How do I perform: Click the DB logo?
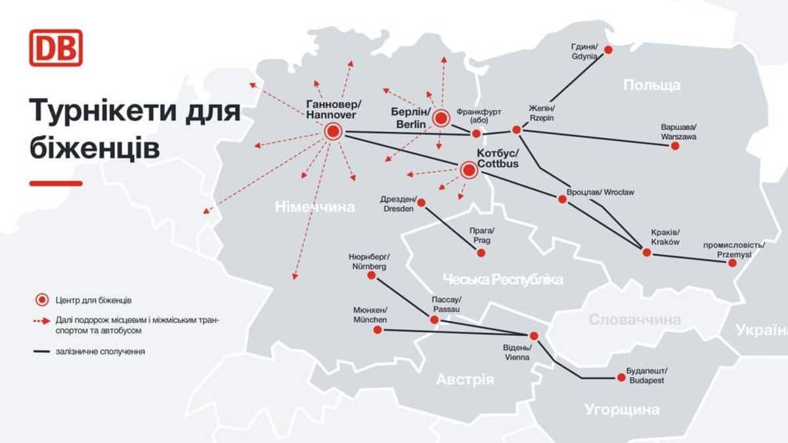point(56,47)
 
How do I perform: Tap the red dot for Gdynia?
point(608,49)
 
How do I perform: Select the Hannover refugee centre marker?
point(333,132)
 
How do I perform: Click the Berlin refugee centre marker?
point(441,118)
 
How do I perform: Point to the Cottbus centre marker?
point(468,171)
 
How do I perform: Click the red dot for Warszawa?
point(674,146)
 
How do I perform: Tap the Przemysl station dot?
point(732,263)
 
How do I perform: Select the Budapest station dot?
point(621,377)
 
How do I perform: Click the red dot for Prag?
point(481,252)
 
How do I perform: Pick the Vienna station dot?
point(533,335)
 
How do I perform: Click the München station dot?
point(378,330)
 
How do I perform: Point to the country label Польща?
point(651,85)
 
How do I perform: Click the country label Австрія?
point(465,379)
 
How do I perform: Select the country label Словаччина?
point(634,320)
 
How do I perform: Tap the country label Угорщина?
point(622,410)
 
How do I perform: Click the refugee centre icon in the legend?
point(41,300)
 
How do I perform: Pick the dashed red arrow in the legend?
point(41,322)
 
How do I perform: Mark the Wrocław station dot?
point(562,198)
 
